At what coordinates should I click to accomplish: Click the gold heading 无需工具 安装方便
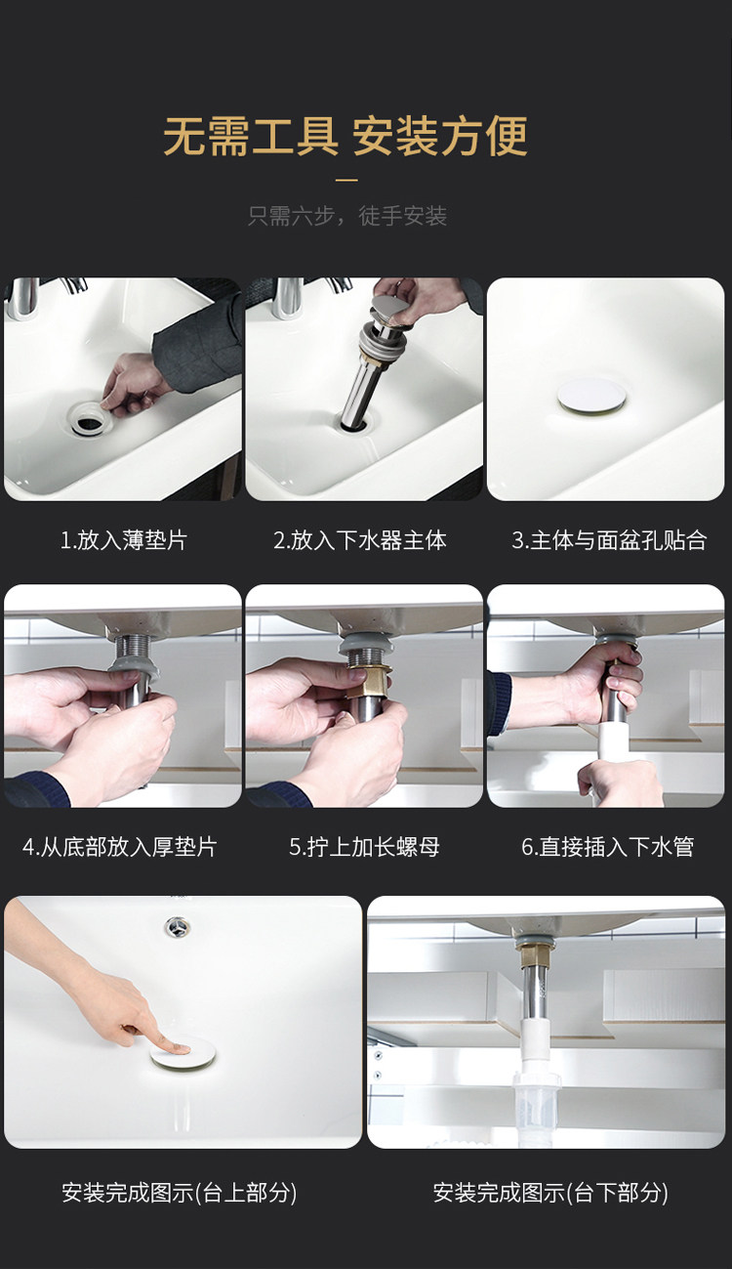346,136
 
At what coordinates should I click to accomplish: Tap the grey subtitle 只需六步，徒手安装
347,216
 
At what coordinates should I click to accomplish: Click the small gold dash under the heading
346,180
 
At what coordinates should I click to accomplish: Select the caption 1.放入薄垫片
123,540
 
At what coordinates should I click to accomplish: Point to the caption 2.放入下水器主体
360,540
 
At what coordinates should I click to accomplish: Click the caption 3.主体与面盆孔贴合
609,540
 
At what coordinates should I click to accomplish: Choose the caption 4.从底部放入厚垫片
119,847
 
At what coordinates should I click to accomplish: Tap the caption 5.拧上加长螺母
365,847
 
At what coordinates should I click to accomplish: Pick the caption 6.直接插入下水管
607,847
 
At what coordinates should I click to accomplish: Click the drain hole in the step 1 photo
89,420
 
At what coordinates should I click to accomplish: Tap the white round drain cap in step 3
592,396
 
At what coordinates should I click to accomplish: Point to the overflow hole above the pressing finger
178,927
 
